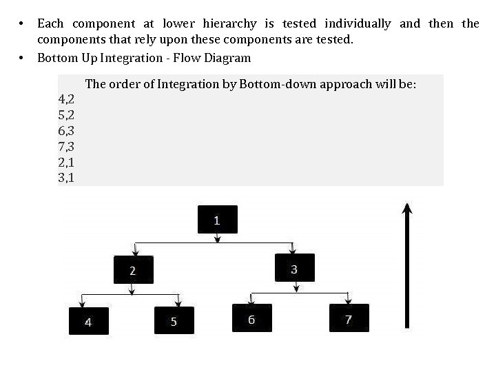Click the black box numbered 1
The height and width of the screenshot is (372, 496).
(218, 220)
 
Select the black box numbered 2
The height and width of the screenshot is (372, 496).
(134, 269)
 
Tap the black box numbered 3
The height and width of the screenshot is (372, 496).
(294, 268)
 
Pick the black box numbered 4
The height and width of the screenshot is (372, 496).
(88, 321)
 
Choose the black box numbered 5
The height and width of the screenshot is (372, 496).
(174, 321)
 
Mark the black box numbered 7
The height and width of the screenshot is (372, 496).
(349, 318)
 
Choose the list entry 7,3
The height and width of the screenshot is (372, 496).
(67, 147)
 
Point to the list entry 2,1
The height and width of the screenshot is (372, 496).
(67, 163)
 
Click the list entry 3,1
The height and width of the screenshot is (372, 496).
(67, 178)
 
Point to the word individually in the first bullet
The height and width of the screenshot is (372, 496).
(352, 24)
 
